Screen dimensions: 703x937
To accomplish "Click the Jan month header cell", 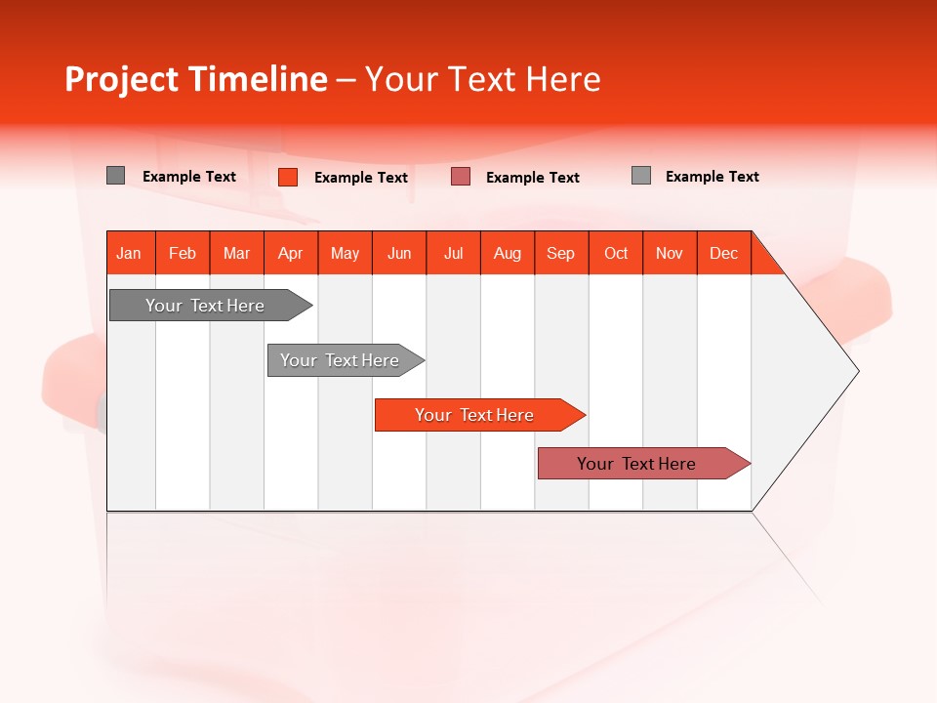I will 130,253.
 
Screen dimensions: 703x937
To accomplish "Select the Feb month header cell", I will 183,253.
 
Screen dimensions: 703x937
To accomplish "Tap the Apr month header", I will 291,253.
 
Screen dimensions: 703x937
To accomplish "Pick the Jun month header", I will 399,253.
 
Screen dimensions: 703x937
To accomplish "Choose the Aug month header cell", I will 508,253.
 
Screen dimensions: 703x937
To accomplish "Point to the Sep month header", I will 561,253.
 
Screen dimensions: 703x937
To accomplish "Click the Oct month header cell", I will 616,253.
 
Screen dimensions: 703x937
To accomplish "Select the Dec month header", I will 724,253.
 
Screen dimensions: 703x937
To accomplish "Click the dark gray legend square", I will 116,176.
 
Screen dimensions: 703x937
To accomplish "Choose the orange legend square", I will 288,177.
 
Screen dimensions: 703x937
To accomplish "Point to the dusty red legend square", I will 461,177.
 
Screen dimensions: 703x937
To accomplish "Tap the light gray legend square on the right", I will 641,176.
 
